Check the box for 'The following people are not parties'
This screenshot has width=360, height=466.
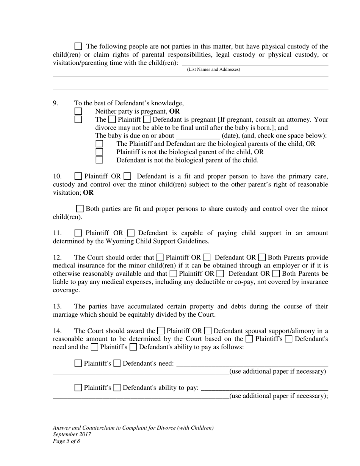[x=78, y=47]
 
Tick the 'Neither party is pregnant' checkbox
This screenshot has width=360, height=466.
[x=78, y=111]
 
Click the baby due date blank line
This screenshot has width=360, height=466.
[x=198, y=136]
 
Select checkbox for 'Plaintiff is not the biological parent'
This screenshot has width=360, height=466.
[x=99, y=152]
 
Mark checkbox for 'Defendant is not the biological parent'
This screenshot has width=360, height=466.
[x=99, y=160]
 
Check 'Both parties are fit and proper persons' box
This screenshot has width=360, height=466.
[x=80, y=209]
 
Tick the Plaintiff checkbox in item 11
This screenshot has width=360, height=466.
[x=78, y=233]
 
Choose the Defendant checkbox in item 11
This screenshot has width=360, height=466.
[x=130, y=233]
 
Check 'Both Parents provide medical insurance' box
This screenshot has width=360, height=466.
[x=262, y=258]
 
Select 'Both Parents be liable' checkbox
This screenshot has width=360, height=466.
[x=276, y=274]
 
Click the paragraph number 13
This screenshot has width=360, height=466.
[x=57, y=306]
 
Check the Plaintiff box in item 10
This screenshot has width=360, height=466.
[x=78, y=176]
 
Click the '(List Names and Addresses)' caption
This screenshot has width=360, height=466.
[x=213, y=70]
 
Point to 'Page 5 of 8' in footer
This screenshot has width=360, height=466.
[x=66, y=441]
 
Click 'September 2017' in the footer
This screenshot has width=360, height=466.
[x=72, y=435]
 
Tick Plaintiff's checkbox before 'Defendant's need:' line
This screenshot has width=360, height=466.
[x=78, y=363]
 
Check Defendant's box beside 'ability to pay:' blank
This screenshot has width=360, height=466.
[x=117, y=388]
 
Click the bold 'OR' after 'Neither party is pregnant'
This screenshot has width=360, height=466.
[x=174, y=111]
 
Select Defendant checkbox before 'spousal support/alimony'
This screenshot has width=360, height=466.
[x=208, y=331]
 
